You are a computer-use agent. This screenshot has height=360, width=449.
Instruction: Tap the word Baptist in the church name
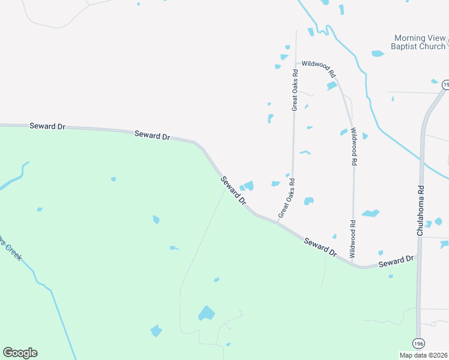(404, 46)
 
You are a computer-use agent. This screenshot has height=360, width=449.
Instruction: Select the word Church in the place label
(432, 46)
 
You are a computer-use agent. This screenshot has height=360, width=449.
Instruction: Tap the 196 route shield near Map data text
(418, 343)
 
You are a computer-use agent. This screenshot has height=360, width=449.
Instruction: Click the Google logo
(20, 353)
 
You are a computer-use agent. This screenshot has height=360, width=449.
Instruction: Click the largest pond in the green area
(206, 313)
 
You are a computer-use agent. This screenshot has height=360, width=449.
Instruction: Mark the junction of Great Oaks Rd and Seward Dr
(278, 222)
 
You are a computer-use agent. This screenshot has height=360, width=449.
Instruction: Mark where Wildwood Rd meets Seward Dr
(354, 263)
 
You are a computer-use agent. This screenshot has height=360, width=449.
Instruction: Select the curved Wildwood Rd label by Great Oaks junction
(319, 68)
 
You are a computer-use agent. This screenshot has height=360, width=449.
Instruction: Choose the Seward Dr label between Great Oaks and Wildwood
(320, 247)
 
